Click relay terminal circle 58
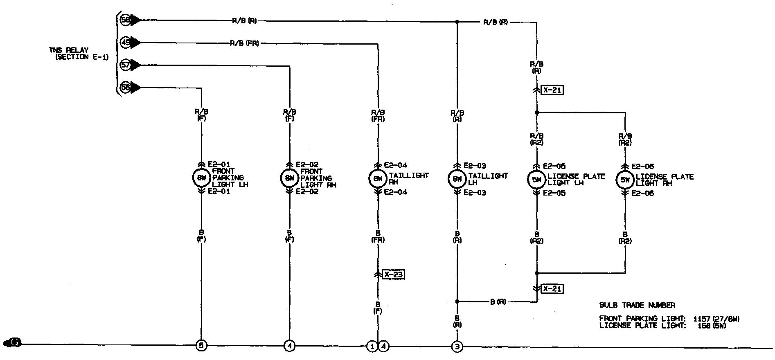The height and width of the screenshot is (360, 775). (125, 20)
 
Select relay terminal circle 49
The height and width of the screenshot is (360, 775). (125, 42)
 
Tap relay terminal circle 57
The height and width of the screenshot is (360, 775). (125, 65)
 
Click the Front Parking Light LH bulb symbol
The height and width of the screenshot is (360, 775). (201, 178)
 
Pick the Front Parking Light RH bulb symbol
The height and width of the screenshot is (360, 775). (289, 178)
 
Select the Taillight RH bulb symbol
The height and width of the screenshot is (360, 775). (378, 179)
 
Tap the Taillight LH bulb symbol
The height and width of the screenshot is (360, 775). (457, 179)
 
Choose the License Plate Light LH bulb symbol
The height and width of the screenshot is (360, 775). (536, 179)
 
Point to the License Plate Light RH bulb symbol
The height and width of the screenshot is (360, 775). (625, 180)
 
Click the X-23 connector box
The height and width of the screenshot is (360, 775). (393, 274)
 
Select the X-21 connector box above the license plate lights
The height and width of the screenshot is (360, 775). (552, 90)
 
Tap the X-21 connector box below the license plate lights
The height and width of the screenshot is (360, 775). (552, 289)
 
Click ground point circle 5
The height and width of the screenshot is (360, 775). (201, 346)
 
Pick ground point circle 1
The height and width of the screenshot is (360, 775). (372, 346)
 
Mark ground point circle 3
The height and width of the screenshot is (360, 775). (457, 347)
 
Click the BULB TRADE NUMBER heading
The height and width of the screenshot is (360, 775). (637, 305)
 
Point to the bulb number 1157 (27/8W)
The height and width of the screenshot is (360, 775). (716, 318)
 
